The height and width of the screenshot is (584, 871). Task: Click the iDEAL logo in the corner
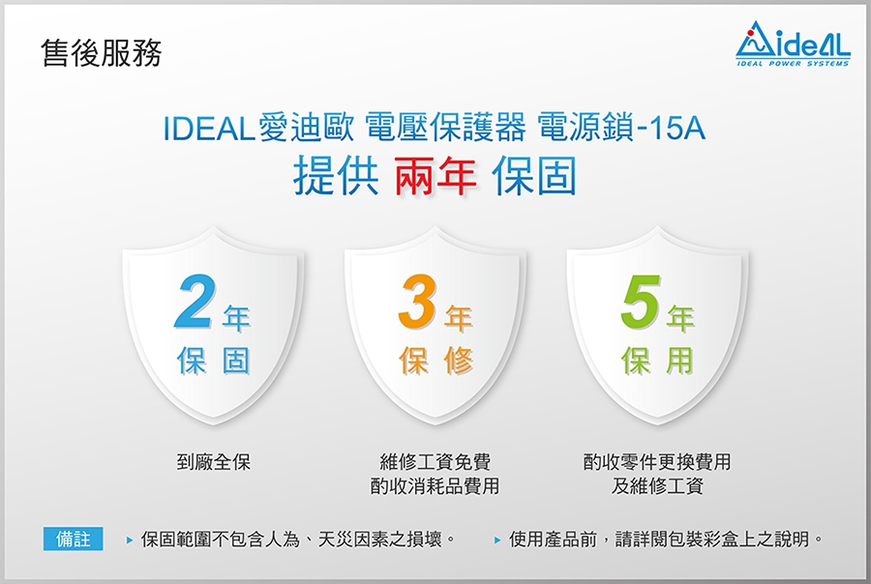tap(793, 44)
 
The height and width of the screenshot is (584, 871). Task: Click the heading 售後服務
tap(101, 54)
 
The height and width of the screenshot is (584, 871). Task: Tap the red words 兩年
tap(435, 176)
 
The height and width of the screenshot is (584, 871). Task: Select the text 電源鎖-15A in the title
tap(621, 129)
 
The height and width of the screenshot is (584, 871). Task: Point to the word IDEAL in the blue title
tap(209, 129)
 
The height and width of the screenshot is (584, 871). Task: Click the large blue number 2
tap(193, 302)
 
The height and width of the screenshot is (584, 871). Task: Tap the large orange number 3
tap(415, 302)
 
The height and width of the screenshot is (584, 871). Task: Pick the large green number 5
tap(641, 302)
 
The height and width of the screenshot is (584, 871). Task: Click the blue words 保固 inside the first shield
tap(213, 361)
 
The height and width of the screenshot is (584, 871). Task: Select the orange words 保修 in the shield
tap(436, 361)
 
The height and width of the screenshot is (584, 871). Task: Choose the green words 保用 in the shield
tap(658, 361)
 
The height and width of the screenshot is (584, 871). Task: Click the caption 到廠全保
tap(213, 462)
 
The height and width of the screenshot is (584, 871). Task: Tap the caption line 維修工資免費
tap(435, 462)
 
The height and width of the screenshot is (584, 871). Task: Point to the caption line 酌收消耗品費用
tap(435, 486)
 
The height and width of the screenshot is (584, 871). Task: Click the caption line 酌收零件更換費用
tap(657, 462)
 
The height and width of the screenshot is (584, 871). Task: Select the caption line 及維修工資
tap(657, 486)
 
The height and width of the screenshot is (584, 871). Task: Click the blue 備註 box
tap(73, 539)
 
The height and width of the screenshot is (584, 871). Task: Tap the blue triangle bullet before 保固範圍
tap(130, 540)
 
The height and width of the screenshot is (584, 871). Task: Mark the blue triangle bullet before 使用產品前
tap(497, 540)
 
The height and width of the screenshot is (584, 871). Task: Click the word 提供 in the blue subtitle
tap(336, 176)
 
